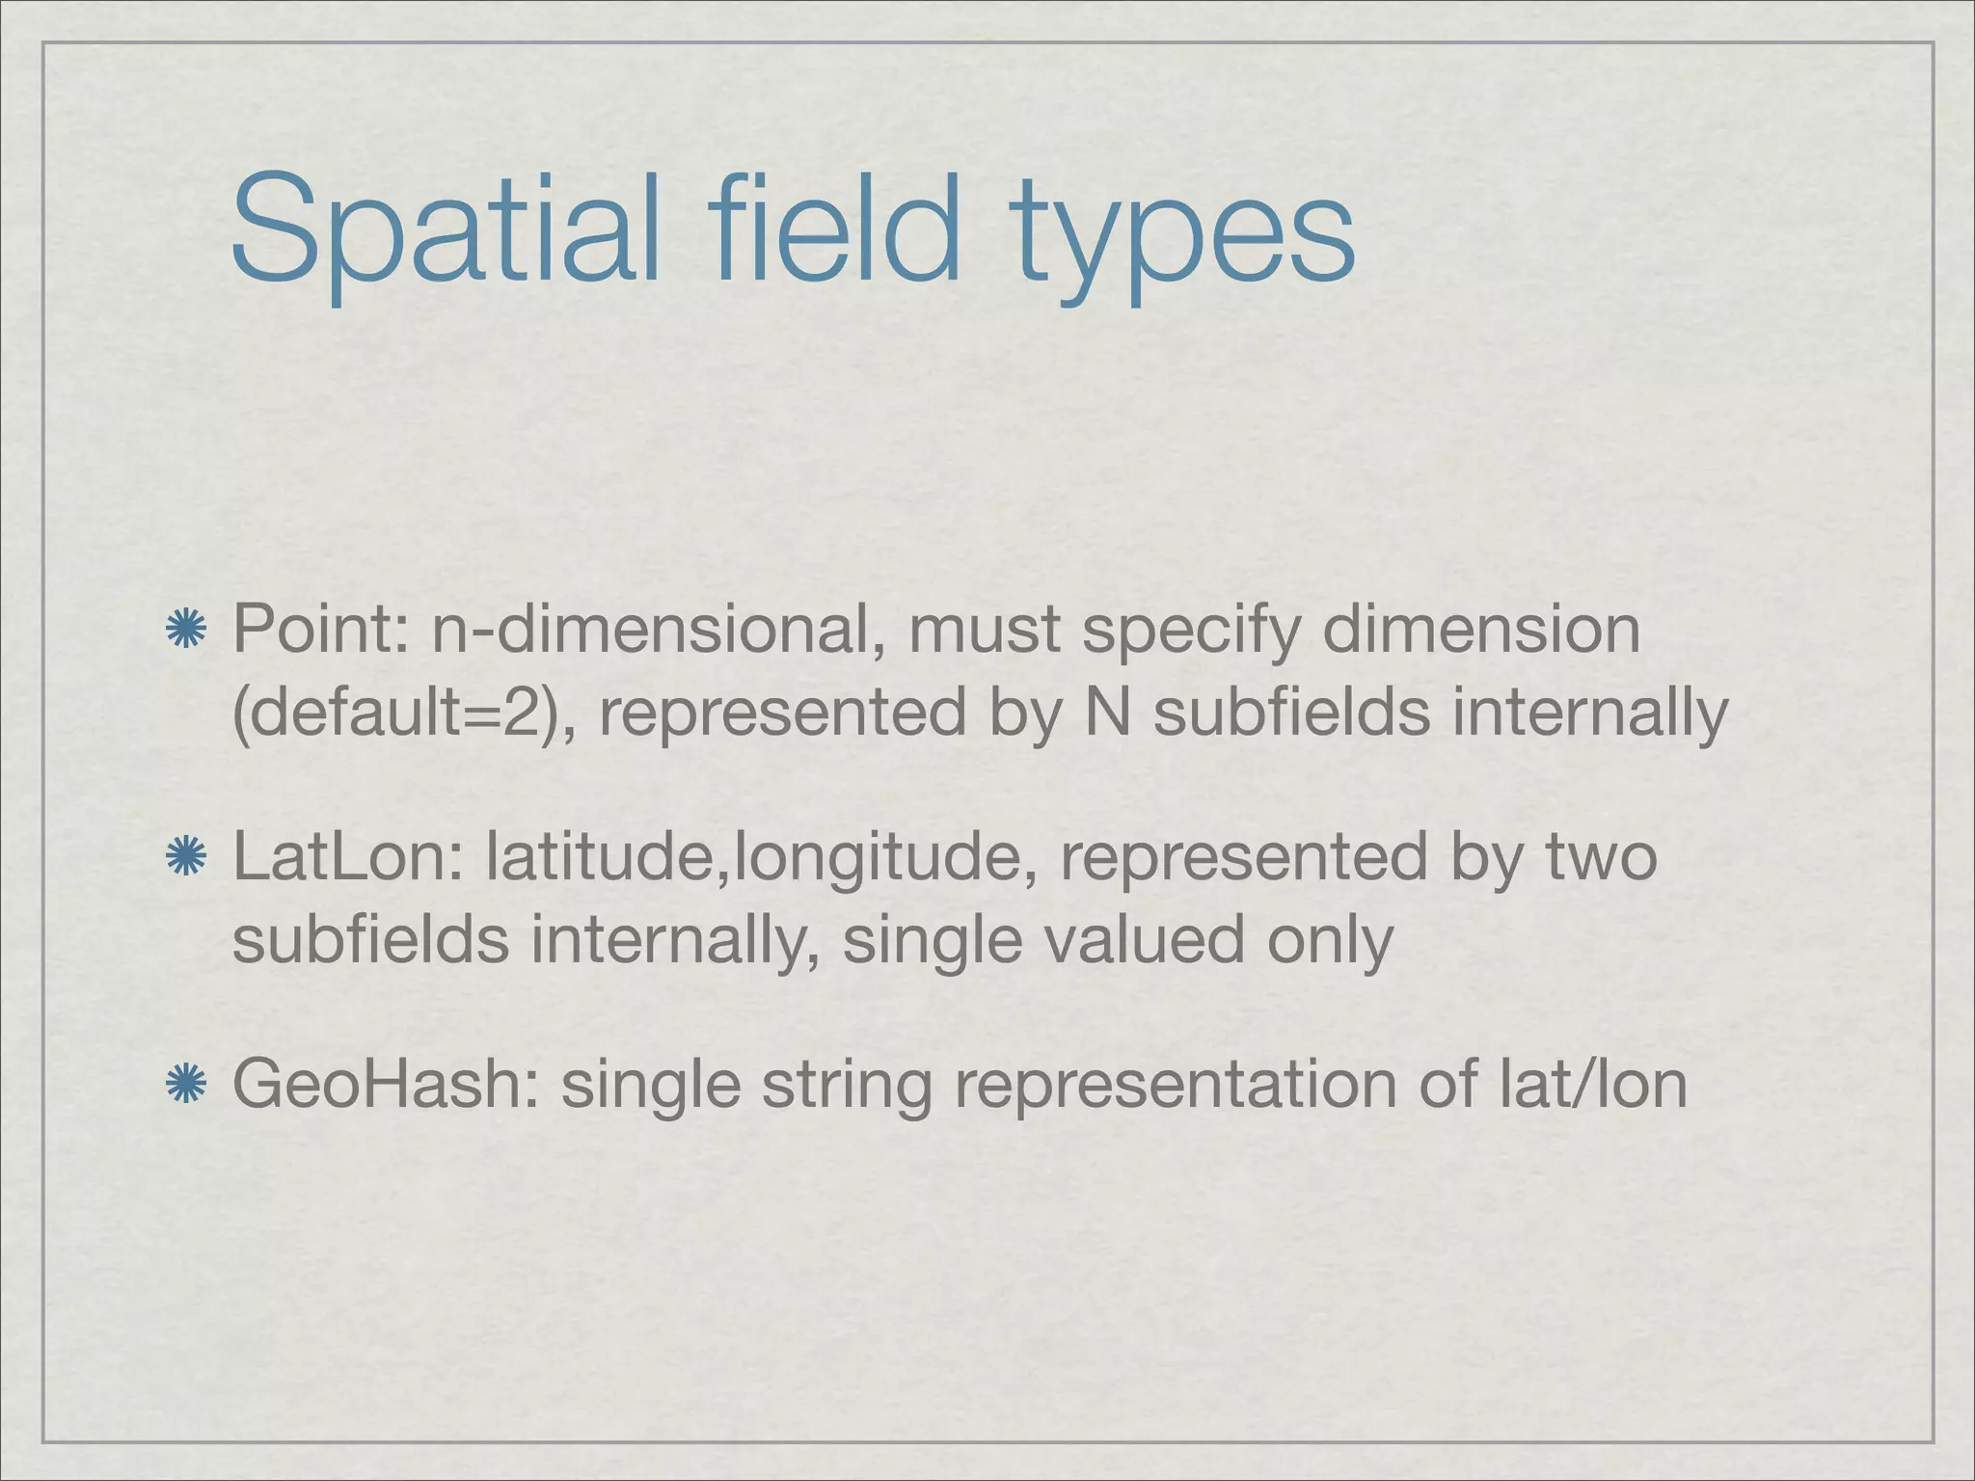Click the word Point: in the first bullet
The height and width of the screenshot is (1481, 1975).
[322, 630]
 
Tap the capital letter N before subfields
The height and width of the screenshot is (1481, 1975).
[1108, 713]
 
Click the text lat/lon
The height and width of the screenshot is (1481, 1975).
[1591, 1085]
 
